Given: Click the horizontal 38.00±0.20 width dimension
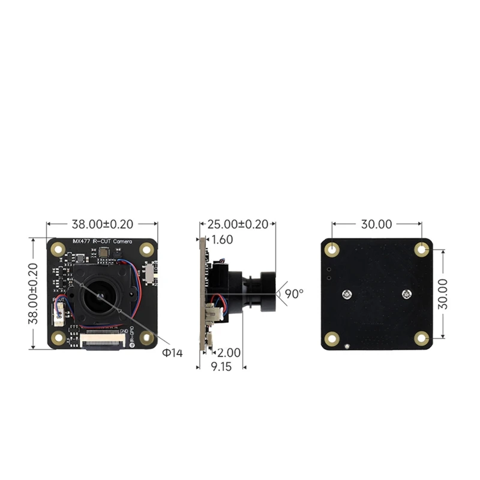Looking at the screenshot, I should point(102,225).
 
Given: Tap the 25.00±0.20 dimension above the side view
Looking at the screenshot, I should point(238,225).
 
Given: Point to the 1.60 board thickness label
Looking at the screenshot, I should point(222,239).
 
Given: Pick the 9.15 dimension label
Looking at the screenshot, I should point(220,367).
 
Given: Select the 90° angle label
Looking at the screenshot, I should point(294,294).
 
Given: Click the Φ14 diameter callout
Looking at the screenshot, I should point(172,353).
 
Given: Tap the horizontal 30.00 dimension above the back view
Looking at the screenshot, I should point(376,224).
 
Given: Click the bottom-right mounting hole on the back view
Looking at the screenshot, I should point(421,339).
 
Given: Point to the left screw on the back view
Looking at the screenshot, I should point(347,294).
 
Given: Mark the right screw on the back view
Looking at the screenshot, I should point(407,294).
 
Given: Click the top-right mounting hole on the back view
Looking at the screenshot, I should point(422,249).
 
